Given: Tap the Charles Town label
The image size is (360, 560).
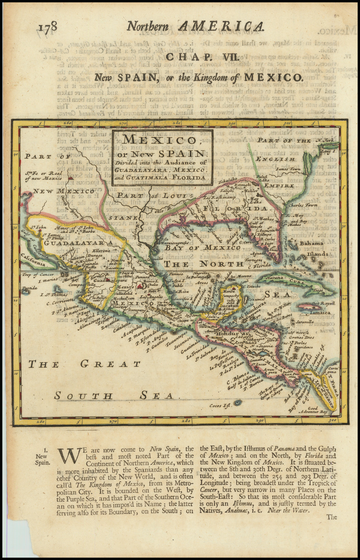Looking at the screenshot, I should pyautogui.click(x=303, y=205).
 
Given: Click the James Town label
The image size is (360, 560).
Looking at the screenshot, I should pyautogui.click(x=288, y=169).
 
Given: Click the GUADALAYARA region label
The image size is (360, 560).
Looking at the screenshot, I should pyautogui.click(x=79, y=243).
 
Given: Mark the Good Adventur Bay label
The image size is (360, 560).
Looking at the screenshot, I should pyautogui.click(x=314, y=410).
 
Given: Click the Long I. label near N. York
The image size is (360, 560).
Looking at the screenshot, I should pyautogui.click(x=328, y=152).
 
